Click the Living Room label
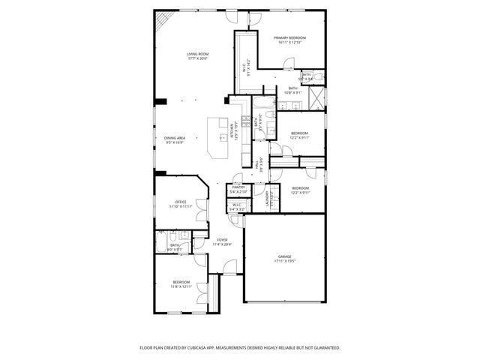pyautogui.click(x=197, y=54)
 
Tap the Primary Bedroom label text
pyautogui.click(x=289, y=37)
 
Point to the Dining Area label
pyautogui.click(x=175, y=138)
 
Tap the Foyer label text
pyautogui.click(x=222, y=240)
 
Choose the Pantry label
pyautogui.click(x=238, y=187)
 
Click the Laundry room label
pyautogui.click(x=267, y=198)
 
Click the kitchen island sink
pyautogui.click(x=223, y=137)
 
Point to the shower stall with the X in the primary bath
pyautogui.click(x=318, y=96)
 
